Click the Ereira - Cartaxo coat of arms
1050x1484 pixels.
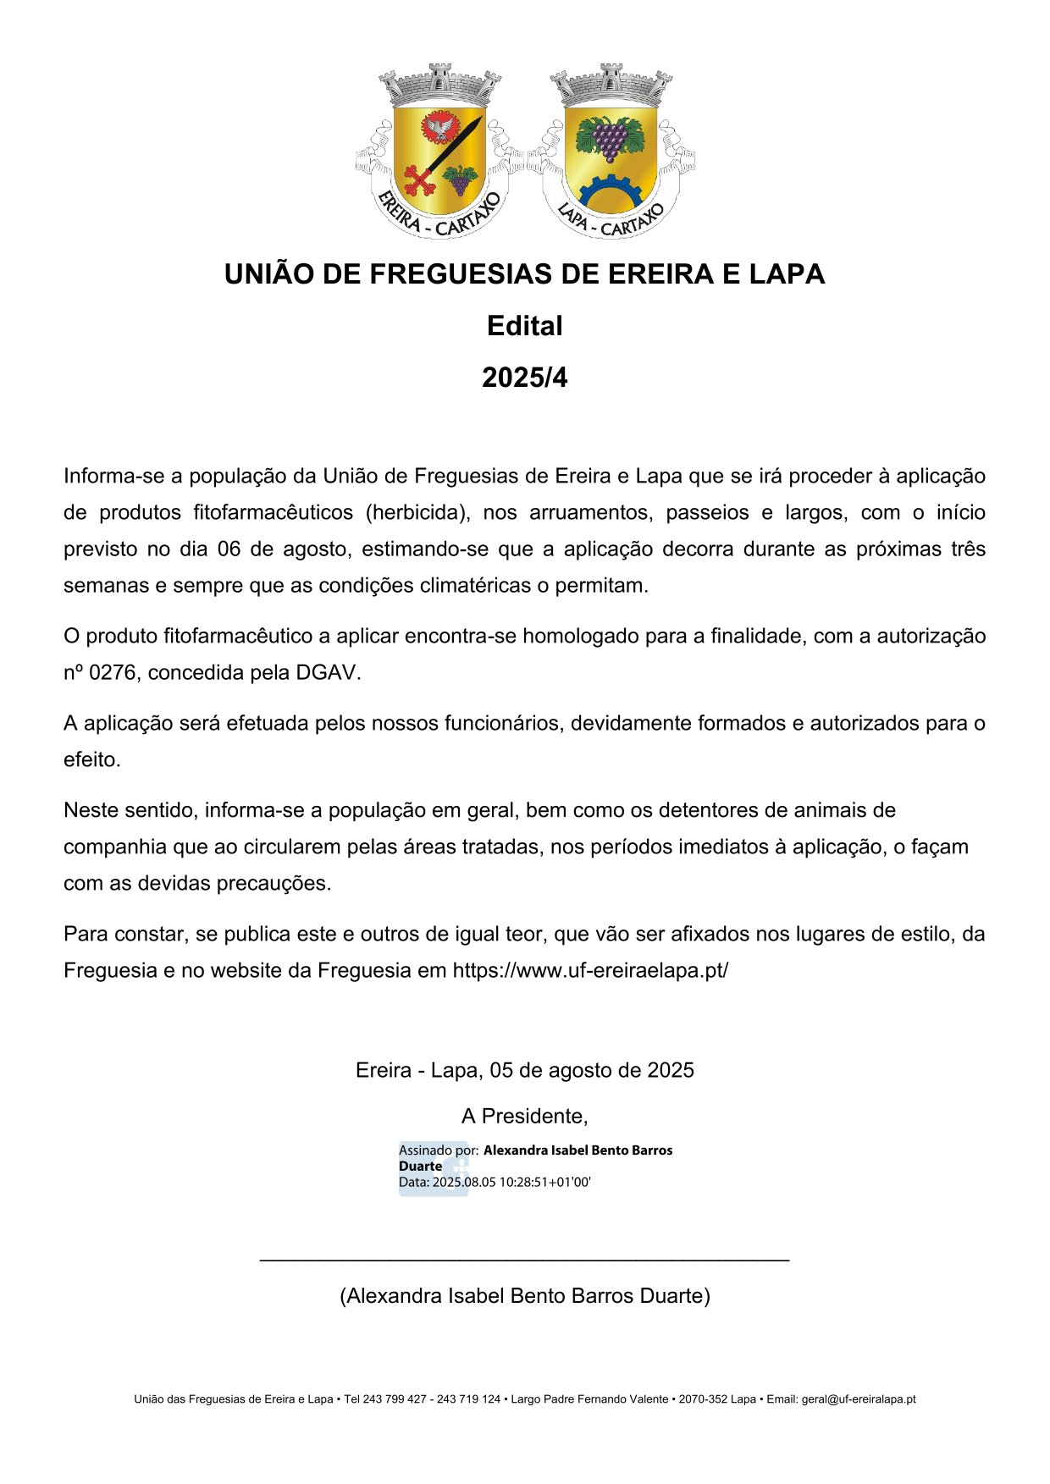[x=439, y=151]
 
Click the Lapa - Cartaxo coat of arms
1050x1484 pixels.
[x=610, y=151]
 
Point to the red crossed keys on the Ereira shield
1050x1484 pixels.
[x=419, y=179]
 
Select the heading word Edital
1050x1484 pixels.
[x=524, y=326]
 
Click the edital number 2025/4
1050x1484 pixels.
[x=524, y=378]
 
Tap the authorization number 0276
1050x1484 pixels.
[x=113, y=673]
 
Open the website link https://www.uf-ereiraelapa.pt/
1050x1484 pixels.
[x=590, y=971]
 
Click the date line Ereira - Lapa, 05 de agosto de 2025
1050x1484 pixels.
[x=524, y=1071]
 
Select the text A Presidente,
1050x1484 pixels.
[x=524, y=1117]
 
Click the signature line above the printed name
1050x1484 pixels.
[x=524, y=1261]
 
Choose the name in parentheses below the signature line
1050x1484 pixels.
[x=524, y=1296]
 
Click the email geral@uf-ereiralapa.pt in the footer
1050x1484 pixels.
[x=858, y=1399]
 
